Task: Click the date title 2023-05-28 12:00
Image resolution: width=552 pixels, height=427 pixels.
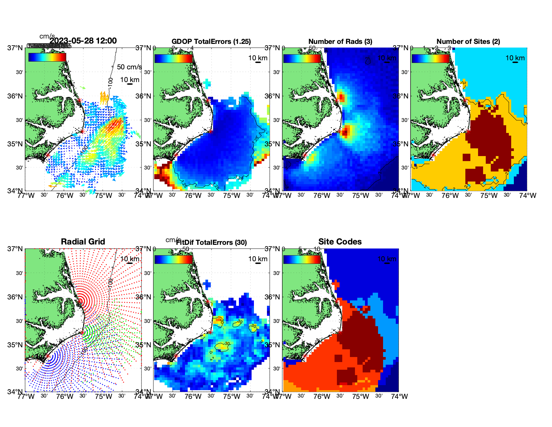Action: click(x=83, y=41)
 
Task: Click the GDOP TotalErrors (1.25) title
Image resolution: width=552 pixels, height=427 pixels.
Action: click(x=211, y=42)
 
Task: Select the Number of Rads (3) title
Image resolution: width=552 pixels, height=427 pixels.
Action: click(x=340, y=42)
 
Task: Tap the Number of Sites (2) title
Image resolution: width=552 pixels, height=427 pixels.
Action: click(x=468, y=42)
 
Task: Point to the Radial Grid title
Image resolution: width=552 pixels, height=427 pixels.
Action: click(x=83, y=242)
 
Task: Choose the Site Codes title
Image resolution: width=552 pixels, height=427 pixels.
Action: click(x=340, y=242)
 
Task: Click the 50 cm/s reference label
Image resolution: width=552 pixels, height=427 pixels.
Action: click(x=129, y=67)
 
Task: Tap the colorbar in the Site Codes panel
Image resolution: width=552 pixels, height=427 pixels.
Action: click(x=302, y=260)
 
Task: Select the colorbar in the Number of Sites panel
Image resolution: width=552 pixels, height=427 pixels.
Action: click(x=431, y=59)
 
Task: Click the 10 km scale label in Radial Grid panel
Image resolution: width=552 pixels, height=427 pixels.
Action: click(x=129, y=259)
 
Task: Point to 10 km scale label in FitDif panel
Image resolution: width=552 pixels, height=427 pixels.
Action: click(x=258, y=259)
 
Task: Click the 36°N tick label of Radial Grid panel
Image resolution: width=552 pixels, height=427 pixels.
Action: click(x=16, y=297)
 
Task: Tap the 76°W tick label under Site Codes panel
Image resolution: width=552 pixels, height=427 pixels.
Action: click(x=321, y=397)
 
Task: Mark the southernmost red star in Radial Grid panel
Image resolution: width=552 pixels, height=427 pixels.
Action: click(x=48, y=356)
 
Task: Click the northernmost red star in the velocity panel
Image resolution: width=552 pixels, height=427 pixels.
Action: click(x=79, y=100)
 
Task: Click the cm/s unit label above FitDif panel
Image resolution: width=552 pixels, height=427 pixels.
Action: click(x=173, y=240)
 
